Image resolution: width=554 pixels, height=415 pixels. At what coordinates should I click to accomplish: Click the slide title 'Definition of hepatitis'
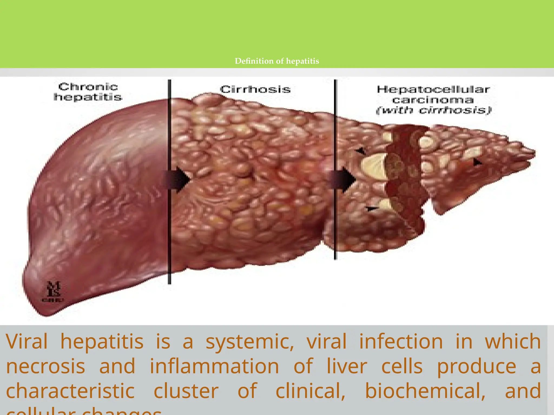277,61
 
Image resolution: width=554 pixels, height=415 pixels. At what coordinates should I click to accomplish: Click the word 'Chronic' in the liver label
88,87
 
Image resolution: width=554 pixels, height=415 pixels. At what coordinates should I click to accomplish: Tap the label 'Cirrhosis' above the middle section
255,89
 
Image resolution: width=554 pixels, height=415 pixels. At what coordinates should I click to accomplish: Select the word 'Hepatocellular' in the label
433,89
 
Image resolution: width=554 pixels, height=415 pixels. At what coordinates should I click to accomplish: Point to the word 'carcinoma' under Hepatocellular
433,100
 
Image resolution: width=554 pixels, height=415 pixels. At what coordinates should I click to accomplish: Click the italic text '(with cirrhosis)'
434,110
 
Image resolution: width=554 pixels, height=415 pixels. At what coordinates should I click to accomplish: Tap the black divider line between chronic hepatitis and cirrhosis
170,230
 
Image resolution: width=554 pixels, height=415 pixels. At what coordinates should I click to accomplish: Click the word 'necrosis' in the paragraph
45,366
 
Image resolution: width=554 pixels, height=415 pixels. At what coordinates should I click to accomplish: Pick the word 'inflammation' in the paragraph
214,366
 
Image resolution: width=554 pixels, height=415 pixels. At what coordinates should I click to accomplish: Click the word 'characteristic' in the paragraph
70,391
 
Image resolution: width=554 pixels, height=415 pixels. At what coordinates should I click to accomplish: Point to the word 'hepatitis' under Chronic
88,97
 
